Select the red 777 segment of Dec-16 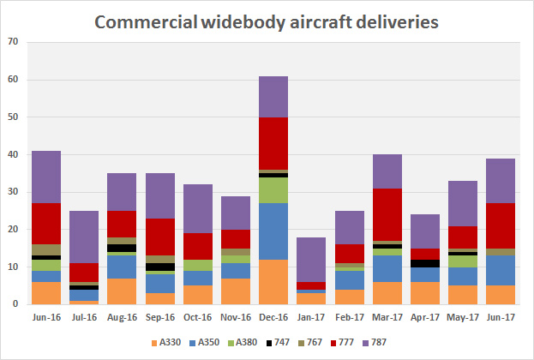(273, 143)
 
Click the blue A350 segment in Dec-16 (273, 231)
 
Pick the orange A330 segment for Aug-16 (122, 291)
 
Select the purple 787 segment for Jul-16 (84, 237)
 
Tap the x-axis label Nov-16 (236, 317)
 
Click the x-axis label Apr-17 (425, 317)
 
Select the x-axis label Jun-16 (46, 317)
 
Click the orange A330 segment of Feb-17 (350, 297)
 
